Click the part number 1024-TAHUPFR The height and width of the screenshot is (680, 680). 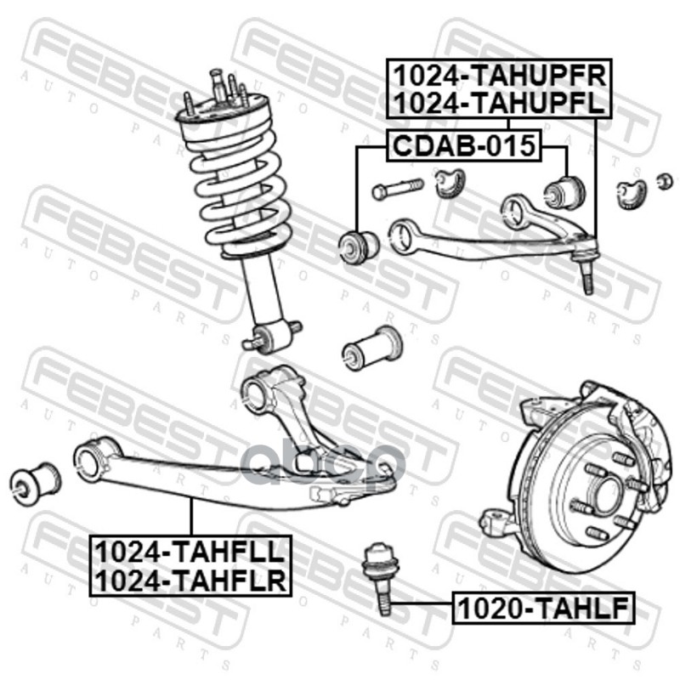(x=499, y=75)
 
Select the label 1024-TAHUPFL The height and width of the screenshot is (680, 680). (x=499, y=103)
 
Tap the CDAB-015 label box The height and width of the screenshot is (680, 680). (x=463, y=146)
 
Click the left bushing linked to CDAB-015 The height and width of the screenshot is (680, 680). (x=358, y=245)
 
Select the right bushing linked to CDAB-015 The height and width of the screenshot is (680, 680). (x=561, y=190)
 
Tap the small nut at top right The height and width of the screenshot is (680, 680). (x=666, y=179)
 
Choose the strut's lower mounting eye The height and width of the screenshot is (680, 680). (x=272, y=333)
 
